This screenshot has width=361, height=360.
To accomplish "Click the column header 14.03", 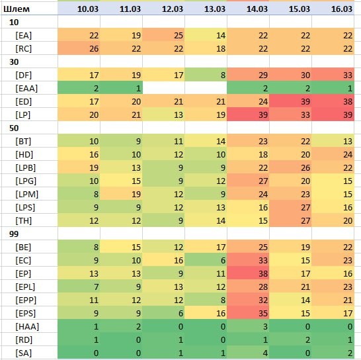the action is [x=257, y=9].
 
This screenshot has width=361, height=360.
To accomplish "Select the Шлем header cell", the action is [x=17, y=9].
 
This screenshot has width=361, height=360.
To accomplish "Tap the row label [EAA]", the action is [x=26, y=88].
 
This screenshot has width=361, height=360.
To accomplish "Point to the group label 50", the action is [x=14, y=128].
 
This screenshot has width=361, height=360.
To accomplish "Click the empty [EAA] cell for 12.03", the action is [x=163, y=88].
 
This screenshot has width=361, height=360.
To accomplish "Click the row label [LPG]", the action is [x=26, y=181].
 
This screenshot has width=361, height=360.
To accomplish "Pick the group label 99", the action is [x=14, y=234].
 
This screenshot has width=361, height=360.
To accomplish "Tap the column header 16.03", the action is [x=342, y=9].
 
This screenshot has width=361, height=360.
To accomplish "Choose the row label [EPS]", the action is [x=26, y=314].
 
